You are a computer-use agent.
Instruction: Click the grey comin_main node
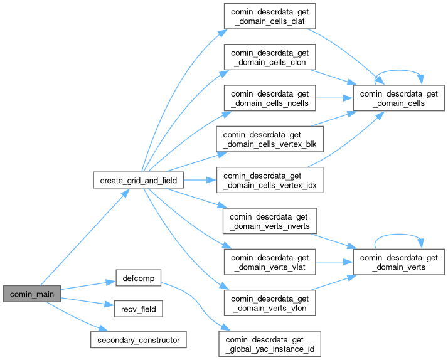click(x=32, y=294)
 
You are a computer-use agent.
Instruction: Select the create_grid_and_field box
click(x=139, y=180)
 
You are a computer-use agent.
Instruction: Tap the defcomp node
click(x=138, y=278)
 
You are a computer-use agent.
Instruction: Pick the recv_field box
click(x=138, y=309)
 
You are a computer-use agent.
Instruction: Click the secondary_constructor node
click(x=138, y=340)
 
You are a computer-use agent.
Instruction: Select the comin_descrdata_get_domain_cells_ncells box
click(x=269, y=98)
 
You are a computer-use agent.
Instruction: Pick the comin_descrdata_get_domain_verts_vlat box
click(x=269, y=262)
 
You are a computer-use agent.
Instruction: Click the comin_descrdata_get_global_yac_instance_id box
click(x=269, y=344)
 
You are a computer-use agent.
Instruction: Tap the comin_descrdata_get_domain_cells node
click(x=399, y=98)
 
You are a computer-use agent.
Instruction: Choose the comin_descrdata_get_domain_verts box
click(x=399, y=262)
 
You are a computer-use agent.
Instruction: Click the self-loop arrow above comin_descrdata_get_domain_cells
click(x=399, y=71)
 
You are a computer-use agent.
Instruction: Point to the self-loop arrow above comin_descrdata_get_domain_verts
click(x=399, y=235)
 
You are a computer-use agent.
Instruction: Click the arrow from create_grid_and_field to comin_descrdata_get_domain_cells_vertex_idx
click(x=201, y=180)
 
